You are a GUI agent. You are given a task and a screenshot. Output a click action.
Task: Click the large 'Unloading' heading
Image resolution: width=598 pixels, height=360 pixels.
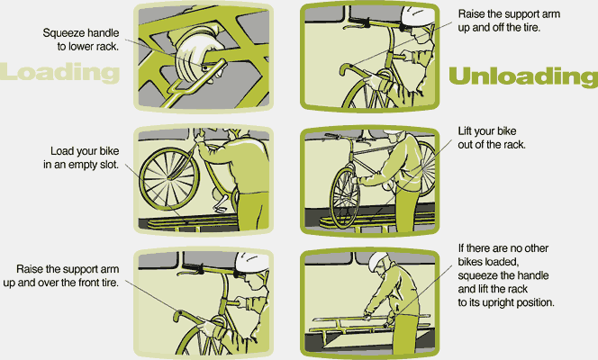tap(522, 76)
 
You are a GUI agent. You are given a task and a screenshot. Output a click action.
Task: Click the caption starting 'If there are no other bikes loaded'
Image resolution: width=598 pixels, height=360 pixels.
tap(505, 274)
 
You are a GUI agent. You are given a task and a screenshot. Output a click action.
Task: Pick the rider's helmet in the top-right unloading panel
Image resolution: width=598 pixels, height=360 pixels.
tap(413, 16)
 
